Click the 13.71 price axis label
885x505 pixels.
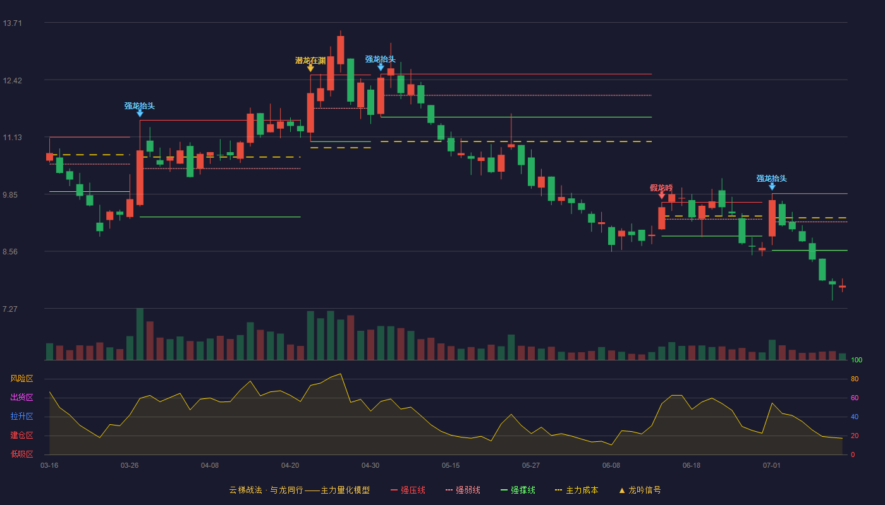pos(12,23)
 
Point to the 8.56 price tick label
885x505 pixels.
pos(10,252)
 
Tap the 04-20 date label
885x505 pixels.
pos(290,466)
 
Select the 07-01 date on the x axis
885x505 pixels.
pos(772,466)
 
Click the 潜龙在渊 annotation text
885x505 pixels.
pos(310,61)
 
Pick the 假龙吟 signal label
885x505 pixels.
pos(661,188)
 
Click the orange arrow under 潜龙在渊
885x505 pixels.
pos(310,68)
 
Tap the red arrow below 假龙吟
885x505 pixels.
pos(661,195)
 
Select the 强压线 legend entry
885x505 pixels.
pos(408,490)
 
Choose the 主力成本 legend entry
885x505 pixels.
pos(577,490)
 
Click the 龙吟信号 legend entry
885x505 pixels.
pos(640,490)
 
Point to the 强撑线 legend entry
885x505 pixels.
pos(518,490)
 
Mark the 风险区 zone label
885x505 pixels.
pos(21,379)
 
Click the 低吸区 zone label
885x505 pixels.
pos(21,454)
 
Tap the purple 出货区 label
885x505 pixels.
pos(21,397)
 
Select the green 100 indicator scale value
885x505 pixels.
pos(857,360)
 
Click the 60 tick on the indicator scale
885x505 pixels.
pos(855,398)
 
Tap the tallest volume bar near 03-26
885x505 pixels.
pos(140,334)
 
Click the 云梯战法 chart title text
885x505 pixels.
pos(245,490)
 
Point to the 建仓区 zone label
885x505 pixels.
pos(21,436)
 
